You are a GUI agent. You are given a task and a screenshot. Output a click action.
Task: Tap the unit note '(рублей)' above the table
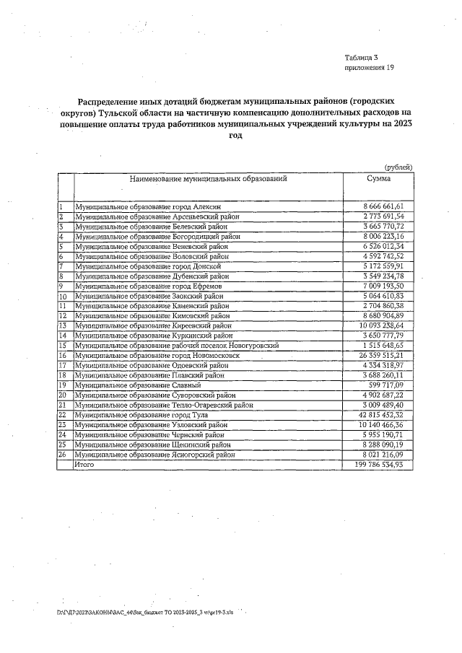click(399, 167)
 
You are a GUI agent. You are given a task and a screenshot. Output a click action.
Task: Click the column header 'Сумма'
click(378, 178)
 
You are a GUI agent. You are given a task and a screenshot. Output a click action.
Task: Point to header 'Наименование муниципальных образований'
click(209, 178)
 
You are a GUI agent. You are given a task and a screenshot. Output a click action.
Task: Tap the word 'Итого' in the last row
click(84, 465)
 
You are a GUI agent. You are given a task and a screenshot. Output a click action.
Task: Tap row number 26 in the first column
click(63, 455)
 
